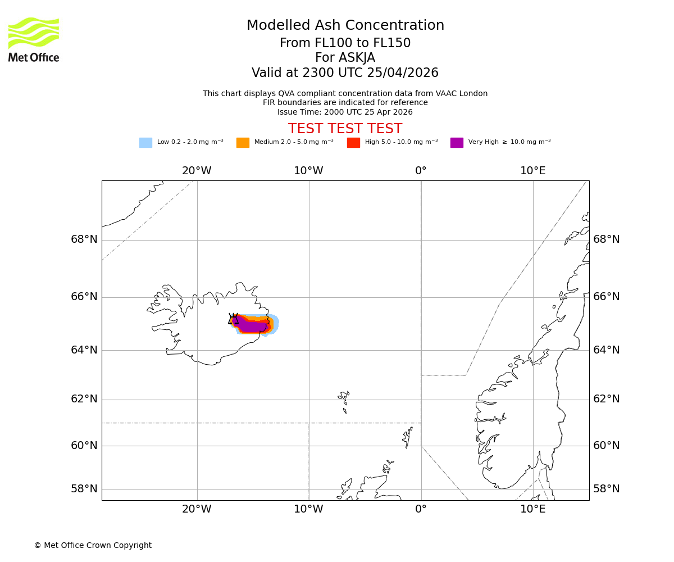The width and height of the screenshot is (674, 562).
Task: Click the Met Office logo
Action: tap(34, 39)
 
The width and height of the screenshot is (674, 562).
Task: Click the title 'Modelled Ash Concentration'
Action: tap(345, 26)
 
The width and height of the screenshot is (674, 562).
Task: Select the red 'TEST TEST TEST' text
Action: tap(345, 129)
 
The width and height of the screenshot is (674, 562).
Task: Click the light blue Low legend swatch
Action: tap(145, 143)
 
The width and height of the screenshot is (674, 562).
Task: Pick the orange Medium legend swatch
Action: tap(243, 143)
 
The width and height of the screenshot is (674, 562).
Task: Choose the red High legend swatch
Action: tap(353, 143)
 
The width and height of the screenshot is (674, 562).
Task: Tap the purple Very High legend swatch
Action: tap(457, 143)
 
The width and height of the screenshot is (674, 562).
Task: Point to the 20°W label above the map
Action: tap(197, 171)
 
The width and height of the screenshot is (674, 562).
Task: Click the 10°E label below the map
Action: tap(532, 509)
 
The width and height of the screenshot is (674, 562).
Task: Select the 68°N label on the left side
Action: tap(84, 239)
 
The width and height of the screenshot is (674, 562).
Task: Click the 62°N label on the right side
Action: tap(607, 399)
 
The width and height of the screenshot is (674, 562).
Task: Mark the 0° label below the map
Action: tap(421, 509)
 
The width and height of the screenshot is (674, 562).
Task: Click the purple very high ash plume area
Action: tap(253, 326)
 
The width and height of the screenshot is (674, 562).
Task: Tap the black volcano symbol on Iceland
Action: tap(233, 319)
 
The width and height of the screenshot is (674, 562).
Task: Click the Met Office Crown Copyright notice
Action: tap(93, 545)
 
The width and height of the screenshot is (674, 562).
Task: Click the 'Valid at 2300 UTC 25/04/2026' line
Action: tap(345, 73)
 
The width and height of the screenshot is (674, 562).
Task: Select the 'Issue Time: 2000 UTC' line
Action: tap(345, 112)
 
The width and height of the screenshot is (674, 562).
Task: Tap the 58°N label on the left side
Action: tap(84, 488)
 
